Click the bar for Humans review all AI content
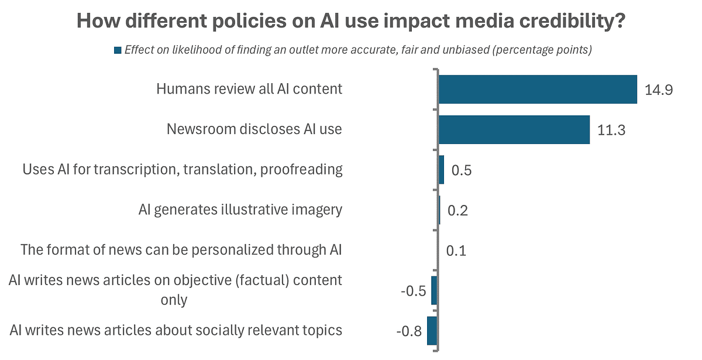point(537,89)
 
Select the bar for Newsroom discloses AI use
point(514,129)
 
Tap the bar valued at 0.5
point(441,170)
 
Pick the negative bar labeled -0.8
point(432,331)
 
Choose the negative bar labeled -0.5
point(434,290)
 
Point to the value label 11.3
point(611,131)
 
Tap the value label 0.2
point(457,211)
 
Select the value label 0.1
point(456,251)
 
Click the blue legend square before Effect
point(117,50)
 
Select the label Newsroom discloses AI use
point(254,129)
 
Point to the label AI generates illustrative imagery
point(240,210)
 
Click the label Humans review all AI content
point(249,89)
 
